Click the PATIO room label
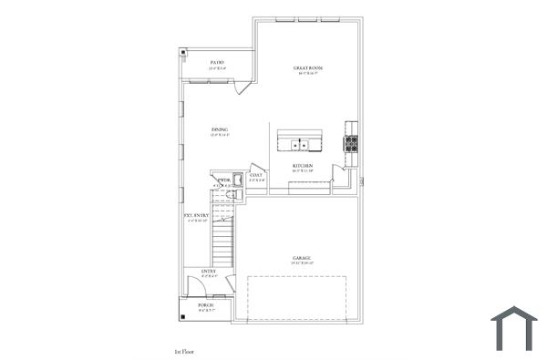[x=217, y=62]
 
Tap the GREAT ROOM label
[x=308, y=68]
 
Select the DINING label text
[x=220, y=129]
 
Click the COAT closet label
[x=256, y=175]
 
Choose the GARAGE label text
[x=303, y=258]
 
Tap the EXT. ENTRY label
[x=196, y=216]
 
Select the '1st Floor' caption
[x=185, y=350]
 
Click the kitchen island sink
[x=300, y=144]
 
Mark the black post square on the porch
[x=185, y=316]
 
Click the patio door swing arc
[x=242, y=88]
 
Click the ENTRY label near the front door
[x=209, y=271]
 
